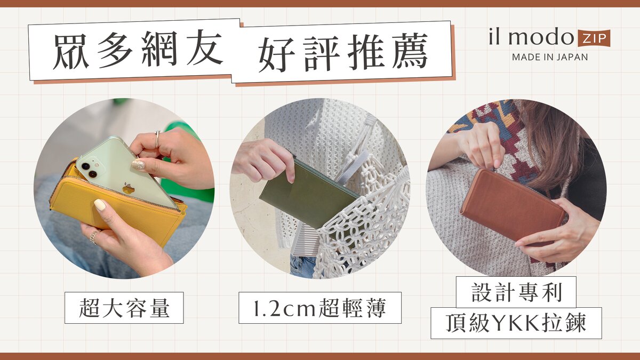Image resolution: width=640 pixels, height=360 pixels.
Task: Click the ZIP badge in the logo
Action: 594,38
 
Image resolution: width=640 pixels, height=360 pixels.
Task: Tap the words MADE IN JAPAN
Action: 550,57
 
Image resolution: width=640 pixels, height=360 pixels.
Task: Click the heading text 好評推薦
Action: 343,52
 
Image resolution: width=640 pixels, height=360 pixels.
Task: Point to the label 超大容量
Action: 124,308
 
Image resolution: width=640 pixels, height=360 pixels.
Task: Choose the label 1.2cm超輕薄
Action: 319,308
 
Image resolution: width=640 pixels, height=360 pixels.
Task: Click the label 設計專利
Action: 517,292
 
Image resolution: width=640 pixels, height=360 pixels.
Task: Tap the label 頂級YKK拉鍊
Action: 516,323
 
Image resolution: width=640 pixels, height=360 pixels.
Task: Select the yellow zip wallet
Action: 117,203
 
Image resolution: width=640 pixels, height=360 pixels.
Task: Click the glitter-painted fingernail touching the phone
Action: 138,165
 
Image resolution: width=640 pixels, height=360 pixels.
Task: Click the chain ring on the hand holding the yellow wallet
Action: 94,237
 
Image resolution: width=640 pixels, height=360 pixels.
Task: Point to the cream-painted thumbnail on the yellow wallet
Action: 100,205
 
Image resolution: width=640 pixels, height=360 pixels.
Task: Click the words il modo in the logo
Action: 531,37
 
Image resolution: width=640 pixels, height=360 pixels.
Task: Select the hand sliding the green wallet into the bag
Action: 265,158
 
